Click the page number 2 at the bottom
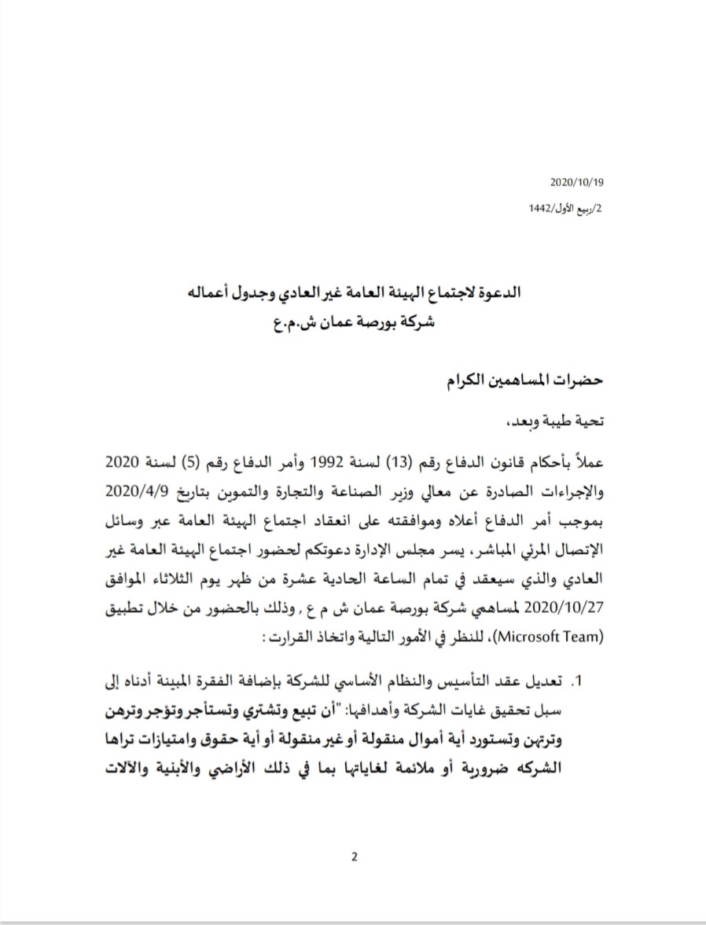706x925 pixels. (354, 857)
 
